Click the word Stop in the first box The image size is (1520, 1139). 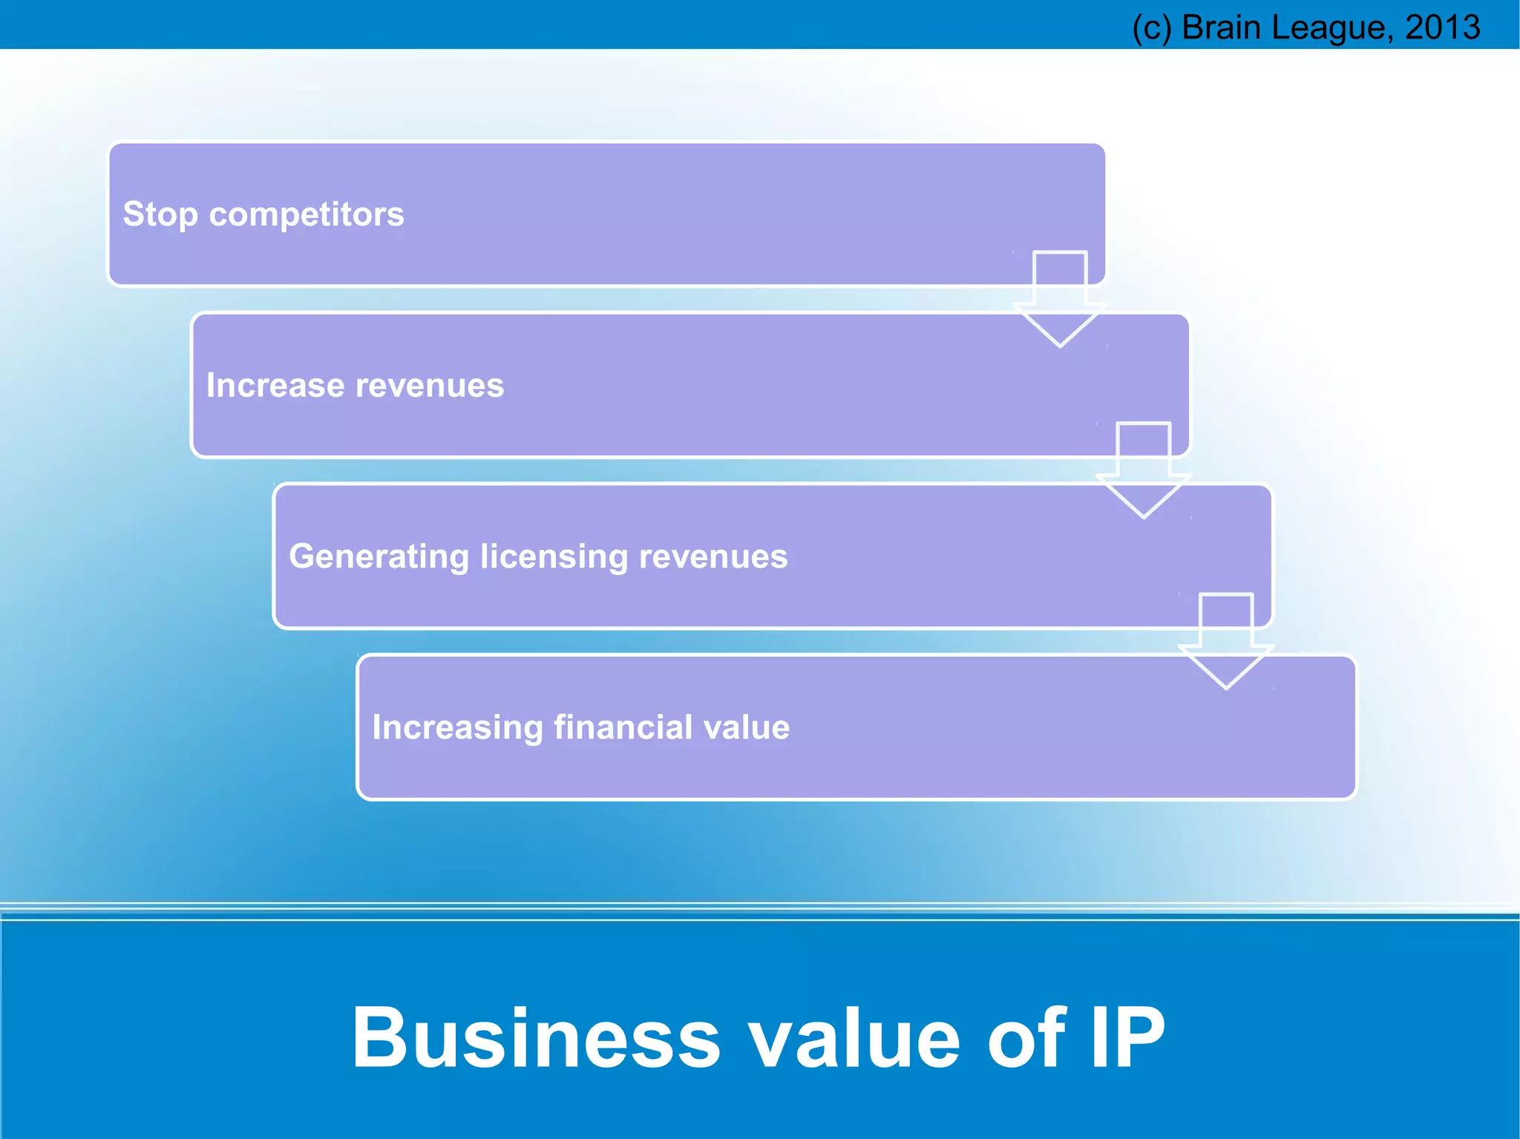pyautogui.click(x=160, y=214)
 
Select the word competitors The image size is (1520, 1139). pyautogui.click(x=307, y=214)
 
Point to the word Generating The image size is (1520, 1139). pyautogui.click(x=379, y=557)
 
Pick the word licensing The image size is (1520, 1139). pyautogui.click(x=554, y=557)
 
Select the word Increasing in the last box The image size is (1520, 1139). pyautogui.click(x=457, y=727)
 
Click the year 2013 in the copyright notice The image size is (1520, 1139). pyautogui.click(x=1442, y=27)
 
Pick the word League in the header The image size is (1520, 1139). pyautogui.click(x=1331, y=27)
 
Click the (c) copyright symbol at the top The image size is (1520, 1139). pyautogui.click(x=1151, y=27)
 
